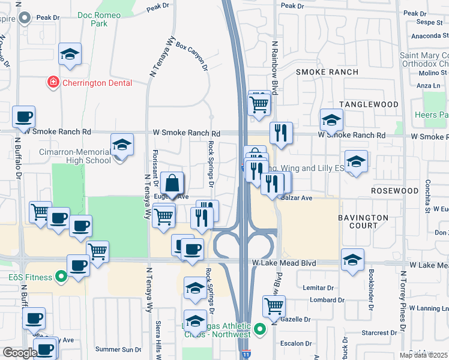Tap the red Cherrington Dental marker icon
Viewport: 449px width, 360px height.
pyautogui.click(x=53, y=82)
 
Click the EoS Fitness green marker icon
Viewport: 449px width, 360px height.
pyautogui.click(x=61, y=277)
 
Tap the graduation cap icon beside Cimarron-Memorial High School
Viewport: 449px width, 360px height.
pyautogui.click(x=122, y=145)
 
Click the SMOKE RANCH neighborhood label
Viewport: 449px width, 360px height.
pyautogui.click(x=327, y=72)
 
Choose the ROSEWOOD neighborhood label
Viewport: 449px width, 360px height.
pyautogui.click(x=394, y=191)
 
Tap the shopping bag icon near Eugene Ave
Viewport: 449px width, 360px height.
pyautogui.click(x=172, y=184)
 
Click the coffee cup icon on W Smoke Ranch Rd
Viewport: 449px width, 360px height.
pyautogui.click(x=23, y=117)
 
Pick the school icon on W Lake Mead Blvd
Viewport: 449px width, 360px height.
pyautogui.click(x=353, y=260)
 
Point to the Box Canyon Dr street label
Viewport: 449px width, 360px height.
pyautogui.click(x=192, y=56)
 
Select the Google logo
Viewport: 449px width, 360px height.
pyautogui.click(x=20, y=353)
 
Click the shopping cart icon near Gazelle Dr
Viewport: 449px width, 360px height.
pyautogui.click(x=274, y=306)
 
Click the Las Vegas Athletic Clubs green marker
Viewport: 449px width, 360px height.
pyautogui.click(x=259, y=329)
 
